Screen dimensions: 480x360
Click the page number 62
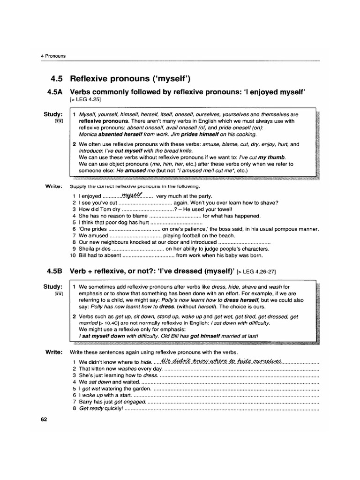click(45, 420)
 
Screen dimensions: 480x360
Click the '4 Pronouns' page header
click(54, 56)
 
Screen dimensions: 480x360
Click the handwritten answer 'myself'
click(131, 195)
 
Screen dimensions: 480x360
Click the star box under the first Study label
click(59, 121)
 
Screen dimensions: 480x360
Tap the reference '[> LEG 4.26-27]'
click(258, 271)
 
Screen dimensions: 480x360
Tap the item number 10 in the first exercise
click(73, 256)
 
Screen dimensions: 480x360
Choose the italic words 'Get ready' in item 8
click(90, 409)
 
